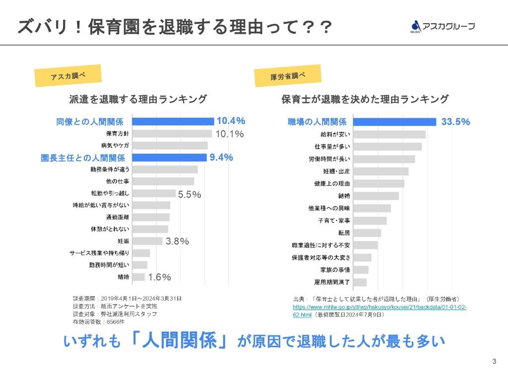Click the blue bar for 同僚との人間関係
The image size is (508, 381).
tap(173, 122)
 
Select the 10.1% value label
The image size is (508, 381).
tap(229, 134)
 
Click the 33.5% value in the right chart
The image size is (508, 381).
tap(455, 122)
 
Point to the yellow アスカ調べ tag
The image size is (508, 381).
tap(68, 76)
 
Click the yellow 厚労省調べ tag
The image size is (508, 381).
tap(288, 76)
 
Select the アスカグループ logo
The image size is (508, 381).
tap(443, 26)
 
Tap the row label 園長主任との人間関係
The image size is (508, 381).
tap(82, 158)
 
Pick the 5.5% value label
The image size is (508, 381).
tap(190, 195)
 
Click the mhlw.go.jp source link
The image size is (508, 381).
tap(380, 311)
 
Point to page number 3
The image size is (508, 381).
tap(494, 361)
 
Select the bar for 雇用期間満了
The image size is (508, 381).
tap(360, 282)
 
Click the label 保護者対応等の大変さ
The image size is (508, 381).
tap(321, 257)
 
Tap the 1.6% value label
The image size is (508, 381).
tap(159, 277)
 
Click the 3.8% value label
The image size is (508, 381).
tap(177, 242)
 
